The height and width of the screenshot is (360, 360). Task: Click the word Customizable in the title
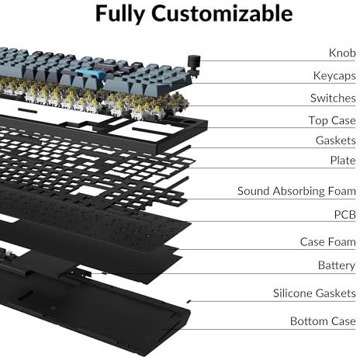coord(222,13)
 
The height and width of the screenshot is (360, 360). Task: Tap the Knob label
coord(342,53)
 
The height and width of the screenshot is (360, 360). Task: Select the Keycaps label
coord(334,76)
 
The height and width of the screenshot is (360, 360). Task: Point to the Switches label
coord(333,99)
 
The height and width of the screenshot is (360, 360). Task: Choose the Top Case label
coord(332,120)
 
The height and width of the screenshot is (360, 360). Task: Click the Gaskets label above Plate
coord(336,140)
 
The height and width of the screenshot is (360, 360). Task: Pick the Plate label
coord(343,161)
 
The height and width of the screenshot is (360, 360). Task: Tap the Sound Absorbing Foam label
coord(296,192)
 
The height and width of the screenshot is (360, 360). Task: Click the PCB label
coord(345,215)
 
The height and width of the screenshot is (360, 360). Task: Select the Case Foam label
coord(328,242)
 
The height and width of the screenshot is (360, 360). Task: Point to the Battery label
coord(337,265)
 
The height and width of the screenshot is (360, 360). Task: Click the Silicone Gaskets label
coord(314,293)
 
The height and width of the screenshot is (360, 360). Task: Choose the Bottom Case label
coord(323,321)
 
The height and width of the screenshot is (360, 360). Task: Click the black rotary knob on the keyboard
coord(192,64)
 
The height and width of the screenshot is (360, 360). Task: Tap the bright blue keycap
coord(90,73)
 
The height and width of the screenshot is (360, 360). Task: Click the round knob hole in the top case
coord(191,121)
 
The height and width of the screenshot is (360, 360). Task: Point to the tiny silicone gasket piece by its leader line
coord(189,301)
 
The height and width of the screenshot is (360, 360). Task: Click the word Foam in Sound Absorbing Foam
coord(342,192)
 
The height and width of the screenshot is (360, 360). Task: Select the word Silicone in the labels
coord(292,293)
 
